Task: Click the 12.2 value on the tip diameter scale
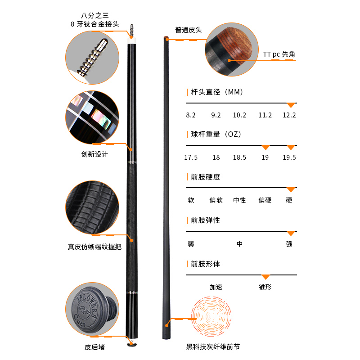coord(289,115)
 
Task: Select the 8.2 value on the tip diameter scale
coord(191,115)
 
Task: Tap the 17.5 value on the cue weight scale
coord(191,157)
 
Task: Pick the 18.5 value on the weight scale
coord(239,157)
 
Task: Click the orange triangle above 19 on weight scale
coord(265,147)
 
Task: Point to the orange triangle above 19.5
coord(291,147)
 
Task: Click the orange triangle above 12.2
coord(291,105)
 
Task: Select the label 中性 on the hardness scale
coord(239,200)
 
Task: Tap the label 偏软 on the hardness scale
coord(216,200)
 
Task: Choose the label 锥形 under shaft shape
coord(265,287)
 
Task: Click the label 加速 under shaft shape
coord(216,287)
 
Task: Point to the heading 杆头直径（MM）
coord(217,92)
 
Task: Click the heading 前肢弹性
coord(206,220)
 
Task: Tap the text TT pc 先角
coord(279,54)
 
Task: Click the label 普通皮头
coord(189,30)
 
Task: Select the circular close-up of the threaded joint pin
coord(92,58)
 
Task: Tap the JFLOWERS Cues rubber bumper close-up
coord(92,309)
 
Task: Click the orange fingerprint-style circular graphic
coord(211,316)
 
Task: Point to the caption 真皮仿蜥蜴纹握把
coord(94,247)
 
